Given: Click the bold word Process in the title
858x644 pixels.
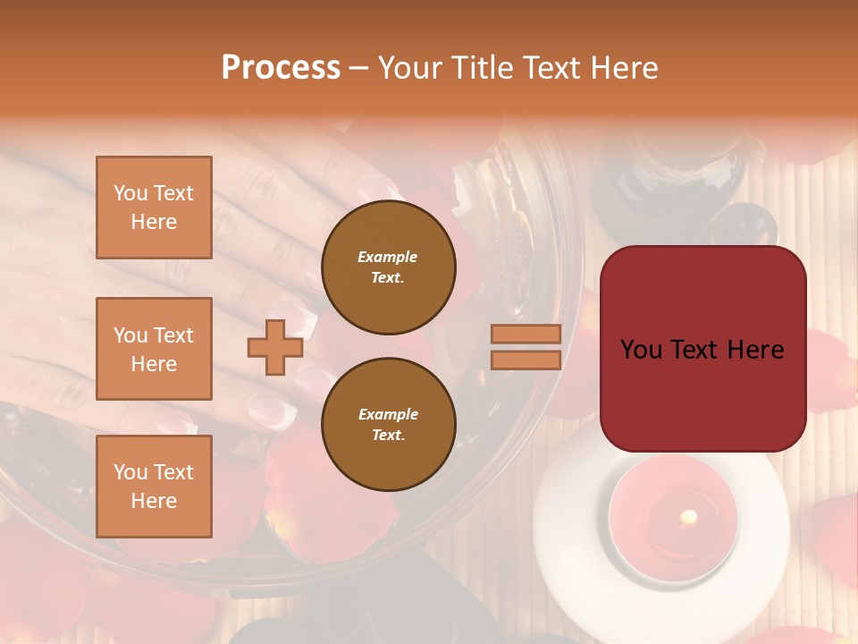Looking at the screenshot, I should [x=281, y=68].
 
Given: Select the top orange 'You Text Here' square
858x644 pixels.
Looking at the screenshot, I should [x=154, y=208].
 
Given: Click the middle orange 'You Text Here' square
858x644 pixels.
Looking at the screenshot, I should [x=154, y=349].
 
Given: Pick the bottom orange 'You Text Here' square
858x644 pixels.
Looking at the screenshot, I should [x=154, y=486].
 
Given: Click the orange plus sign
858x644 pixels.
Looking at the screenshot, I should [x=274, y=347].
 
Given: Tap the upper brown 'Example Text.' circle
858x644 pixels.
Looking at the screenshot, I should [x=388, y=267].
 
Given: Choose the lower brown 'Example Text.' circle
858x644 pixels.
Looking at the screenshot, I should [x=388, y=424].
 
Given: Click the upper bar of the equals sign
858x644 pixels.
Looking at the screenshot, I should [x=526, y=334].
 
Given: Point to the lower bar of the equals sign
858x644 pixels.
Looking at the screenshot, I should [x=526, y=360].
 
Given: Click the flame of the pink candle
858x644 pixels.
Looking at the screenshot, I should [x=688, y=516].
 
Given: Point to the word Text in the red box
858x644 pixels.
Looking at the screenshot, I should [x=702, y=350].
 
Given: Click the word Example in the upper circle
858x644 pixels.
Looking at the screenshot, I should [x=388, y=257].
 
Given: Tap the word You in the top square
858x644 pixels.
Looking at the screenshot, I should [x=129, y=193].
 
